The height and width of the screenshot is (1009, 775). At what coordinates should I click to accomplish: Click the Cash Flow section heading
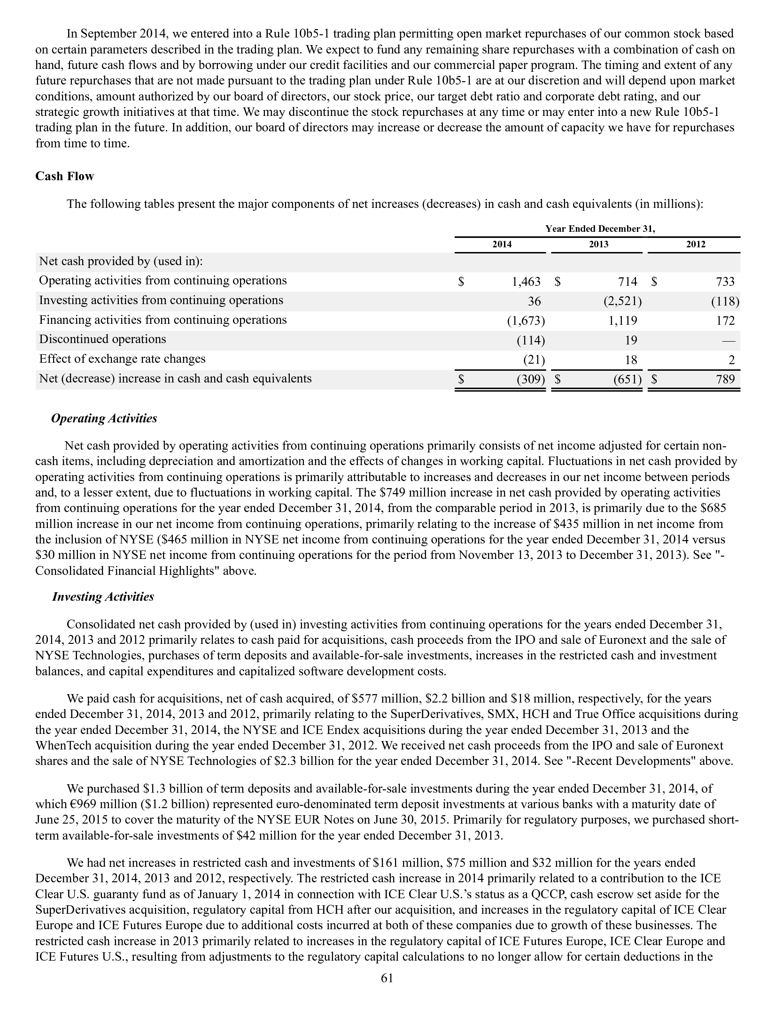pos(64,176)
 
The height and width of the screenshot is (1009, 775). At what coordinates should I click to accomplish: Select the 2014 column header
pos(502,244)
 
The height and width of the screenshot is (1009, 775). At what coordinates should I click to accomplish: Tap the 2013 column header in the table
pos(598,244)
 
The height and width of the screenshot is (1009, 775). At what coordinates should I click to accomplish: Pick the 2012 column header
pos(696,244)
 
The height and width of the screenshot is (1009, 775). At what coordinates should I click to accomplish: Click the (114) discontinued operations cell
pos(531,340)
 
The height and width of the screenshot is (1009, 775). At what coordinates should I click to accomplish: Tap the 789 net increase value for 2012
pos(725,379)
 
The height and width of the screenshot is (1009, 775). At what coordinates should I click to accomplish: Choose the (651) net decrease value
pos(628,379)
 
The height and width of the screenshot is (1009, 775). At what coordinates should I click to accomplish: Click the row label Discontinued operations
pos(102,339)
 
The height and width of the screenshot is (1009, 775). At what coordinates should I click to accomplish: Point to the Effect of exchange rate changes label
pos(122,359)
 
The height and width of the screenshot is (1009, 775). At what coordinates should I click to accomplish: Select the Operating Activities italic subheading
pos(104,418)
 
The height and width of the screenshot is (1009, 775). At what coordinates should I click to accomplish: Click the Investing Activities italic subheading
pos(103,596)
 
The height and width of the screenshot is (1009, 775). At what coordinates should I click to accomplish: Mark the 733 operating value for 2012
pos(725,282)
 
